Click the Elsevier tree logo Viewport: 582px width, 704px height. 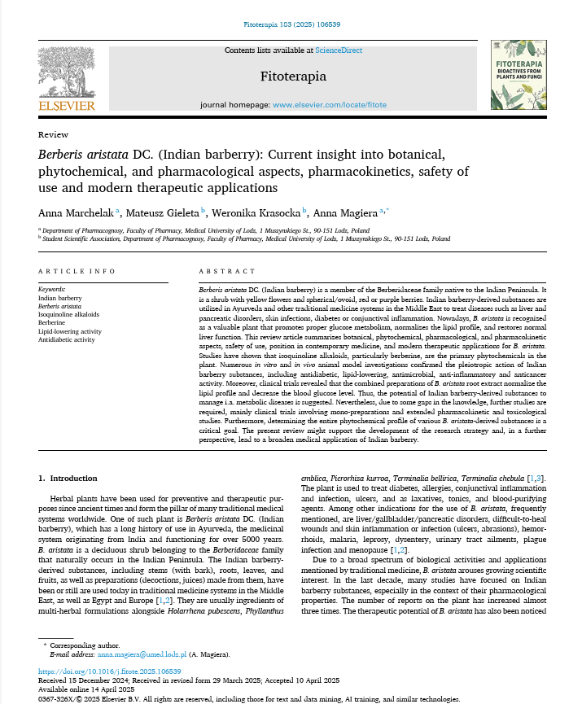(66, 72)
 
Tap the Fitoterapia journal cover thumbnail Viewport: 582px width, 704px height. (518, 76)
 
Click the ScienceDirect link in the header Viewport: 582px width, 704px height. (339, 50)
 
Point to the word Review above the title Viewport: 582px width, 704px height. (53, 134)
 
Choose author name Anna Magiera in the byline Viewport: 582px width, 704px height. (348, 212)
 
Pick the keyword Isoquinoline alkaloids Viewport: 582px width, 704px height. (69, 313)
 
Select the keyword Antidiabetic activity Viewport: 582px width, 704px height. (66, 339)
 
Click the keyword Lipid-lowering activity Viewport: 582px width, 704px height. (70, 330)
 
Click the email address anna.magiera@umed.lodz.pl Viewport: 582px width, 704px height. (142, 654)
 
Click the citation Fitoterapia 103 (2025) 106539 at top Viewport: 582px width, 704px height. (291, 24)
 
